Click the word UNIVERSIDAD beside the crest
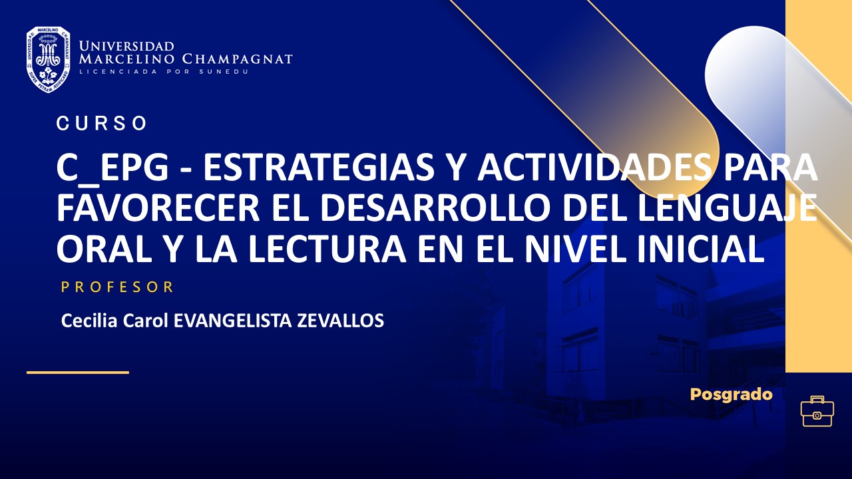pos(126,46)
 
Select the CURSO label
pos(102,124)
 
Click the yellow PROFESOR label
pos(117,287)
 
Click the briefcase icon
pos(817,411)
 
